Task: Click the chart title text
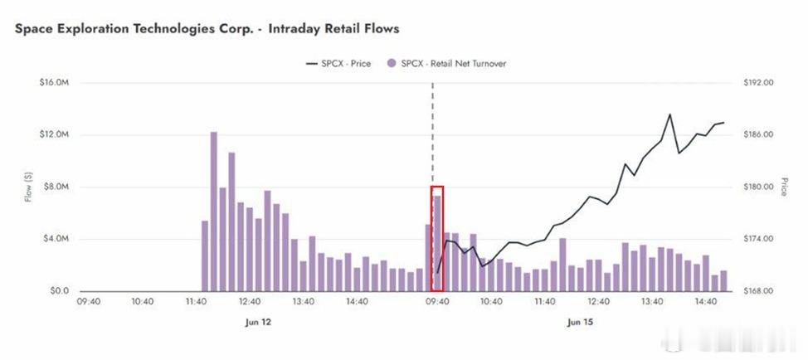point(207,29)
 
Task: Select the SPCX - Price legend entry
point(338,64)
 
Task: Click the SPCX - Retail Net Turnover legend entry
point(447,64)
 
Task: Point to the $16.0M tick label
point(54,82)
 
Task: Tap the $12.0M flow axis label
point(54,134)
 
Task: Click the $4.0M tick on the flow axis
point(56,239)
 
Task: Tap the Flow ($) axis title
point(28,187)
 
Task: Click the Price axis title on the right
point(784,187)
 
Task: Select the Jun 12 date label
point(257,323)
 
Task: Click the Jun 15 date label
point(580,323)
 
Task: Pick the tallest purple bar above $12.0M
point(213,212)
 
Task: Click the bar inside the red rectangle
point(437,244)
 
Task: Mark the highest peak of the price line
point(670,114)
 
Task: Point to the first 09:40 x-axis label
point(88,302)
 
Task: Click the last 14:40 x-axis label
point(705,302)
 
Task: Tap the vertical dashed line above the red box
point(432,134)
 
